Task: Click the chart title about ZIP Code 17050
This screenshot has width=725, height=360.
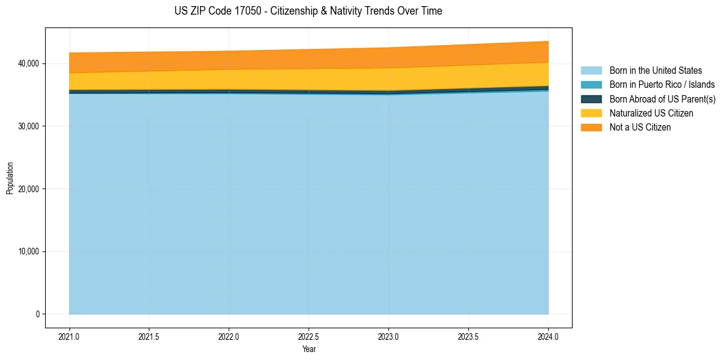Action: [308, 11]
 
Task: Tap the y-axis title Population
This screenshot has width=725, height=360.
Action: [10, 178]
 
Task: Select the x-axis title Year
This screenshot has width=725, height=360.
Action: [309, 349]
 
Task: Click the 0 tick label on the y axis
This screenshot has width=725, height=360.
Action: [37, 314]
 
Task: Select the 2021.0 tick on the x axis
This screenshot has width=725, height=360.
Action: [70, 336]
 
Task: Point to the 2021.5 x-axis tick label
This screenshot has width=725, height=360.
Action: [149, 336]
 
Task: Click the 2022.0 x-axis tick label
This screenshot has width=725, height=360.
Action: [229, 336]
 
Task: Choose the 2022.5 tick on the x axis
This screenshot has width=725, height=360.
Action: [309, 336]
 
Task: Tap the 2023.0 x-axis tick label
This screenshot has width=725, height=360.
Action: [388, 336]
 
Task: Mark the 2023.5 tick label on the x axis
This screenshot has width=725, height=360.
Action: [468, 336]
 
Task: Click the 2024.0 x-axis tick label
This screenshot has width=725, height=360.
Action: [548, 336]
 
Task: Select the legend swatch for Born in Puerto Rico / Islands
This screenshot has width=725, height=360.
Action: [591, 85]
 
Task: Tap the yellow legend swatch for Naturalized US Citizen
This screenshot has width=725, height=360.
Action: [591, 113]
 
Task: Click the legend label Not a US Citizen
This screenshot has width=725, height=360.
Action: [640, 128]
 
